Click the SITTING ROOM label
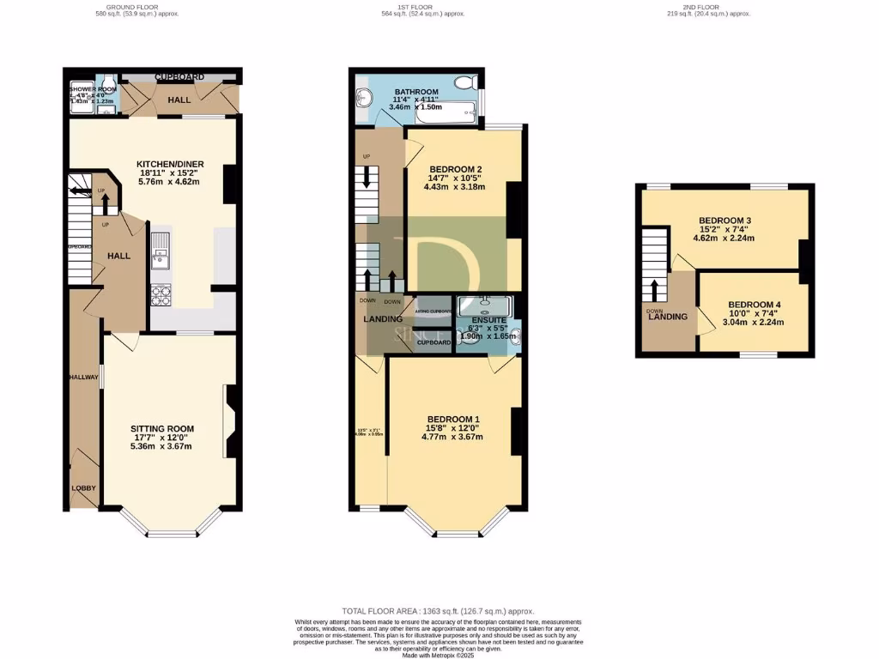tap(161, 428)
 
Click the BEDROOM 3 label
tap(724, 221)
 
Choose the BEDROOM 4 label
tap(754, 305)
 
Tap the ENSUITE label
tap(488, 319)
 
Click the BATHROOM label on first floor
tap(415, 92)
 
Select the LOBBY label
tap(83, 488)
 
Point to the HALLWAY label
tap(84, 377)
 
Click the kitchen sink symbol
tap(161, 251)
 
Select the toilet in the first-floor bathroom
tap(465, 82)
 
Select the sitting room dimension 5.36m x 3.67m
tap(161, 445)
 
